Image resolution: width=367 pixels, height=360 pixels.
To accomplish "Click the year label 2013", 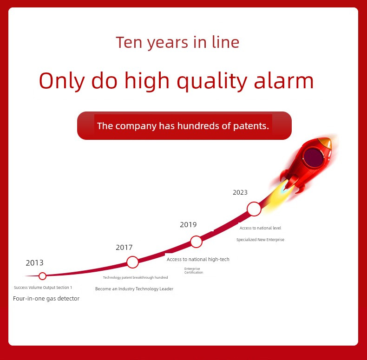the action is [x=35, y=263].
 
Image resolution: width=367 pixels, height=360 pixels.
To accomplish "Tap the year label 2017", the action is [x=124, y=248].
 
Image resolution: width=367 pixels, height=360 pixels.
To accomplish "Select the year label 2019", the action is [x=188, y=225].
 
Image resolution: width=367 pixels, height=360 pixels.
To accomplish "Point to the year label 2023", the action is [x=240, y=192].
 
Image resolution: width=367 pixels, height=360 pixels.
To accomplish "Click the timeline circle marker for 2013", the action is [x=42, y=276].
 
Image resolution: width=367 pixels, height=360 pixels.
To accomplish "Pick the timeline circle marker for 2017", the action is [x=132, y=262].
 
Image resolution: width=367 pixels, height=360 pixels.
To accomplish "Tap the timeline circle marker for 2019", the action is [x=196, y=242].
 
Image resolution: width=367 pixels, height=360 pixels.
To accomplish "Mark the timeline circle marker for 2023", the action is [x=254, y=209].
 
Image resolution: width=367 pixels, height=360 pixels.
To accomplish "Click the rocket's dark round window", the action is [x=314, y=157].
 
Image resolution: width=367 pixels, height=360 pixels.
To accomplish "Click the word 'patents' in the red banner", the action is [x=251, y=126].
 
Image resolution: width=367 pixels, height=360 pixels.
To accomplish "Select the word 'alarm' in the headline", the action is [x=284, y=81].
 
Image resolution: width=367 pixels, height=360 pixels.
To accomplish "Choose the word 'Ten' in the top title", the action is [x=129, y=42].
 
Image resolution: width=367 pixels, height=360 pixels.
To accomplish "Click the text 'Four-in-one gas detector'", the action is [x=46, y=299].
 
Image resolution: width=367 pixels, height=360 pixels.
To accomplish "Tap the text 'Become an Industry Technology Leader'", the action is [x=134, y=289].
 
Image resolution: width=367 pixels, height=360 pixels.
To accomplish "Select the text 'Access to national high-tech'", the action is [x=198, y=259].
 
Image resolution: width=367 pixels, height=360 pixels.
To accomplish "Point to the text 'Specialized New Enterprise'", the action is [x=260, y=240].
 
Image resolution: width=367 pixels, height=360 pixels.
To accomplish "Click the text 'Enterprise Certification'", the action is [x=193, y=271].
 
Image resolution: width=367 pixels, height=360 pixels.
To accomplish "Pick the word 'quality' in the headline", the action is [x=212, y=81].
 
